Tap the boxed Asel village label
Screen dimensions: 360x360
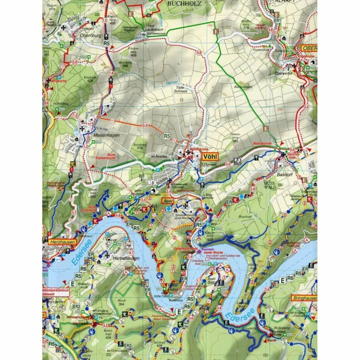[x=168, y=200]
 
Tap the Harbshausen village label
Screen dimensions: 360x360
[x=117, y=258]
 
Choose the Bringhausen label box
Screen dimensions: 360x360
[x=304, y=298]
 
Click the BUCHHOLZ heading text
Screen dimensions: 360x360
[x=179, y=4]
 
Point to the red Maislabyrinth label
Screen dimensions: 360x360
[x=263, y=144]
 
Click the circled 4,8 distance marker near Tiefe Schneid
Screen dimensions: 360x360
[x=199, y=53]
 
